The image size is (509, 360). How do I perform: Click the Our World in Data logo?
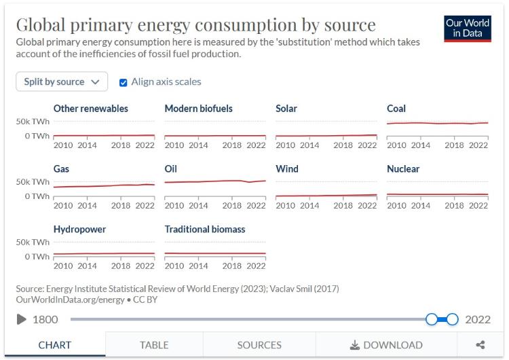click(x=468, y=29)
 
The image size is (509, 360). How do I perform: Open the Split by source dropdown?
click(x=62, y=82)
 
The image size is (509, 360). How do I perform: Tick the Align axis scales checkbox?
click(x=124, y=82)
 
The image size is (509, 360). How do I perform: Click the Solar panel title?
click(x=286, y=109)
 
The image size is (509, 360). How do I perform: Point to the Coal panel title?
click(x=396, y=109)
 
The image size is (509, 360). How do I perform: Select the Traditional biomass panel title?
click(x=205, y=230)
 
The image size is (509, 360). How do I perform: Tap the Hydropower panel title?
click(x=79, y=230)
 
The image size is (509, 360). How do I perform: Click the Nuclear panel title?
click(x=403, y=169)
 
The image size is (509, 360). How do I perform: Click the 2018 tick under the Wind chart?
click(x=343, y=205)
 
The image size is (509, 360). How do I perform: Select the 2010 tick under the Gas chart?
click(x=63, y=205)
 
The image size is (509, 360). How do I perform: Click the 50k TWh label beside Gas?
click(x=33, y=182)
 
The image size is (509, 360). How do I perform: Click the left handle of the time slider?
click(x=432, y=319)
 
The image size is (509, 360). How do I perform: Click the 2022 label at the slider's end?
click(x=478, y=319)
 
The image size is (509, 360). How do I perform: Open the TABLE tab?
click(x=154, y=345)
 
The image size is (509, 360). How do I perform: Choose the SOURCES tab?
click(x=259, y=345)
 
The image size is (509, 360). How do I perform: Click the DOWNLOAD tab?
click(x=386, y=345)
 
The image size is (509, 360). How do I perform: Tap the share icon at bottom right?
click(x=480, y=345)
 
